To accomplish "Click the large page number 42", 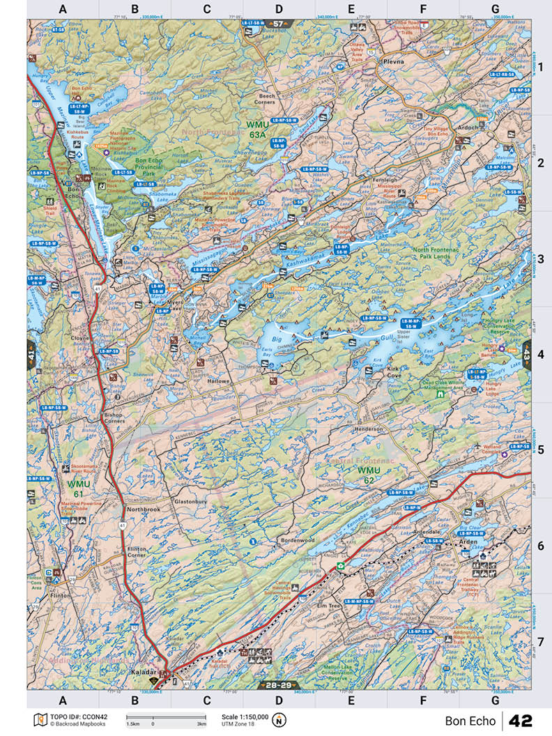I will click(523, 721).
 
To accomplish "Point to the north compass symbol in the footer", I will click(280, 720).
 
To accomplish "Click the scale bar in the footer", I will click(165, 716).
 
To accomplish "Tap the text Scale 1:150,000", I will click(245, 716).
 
